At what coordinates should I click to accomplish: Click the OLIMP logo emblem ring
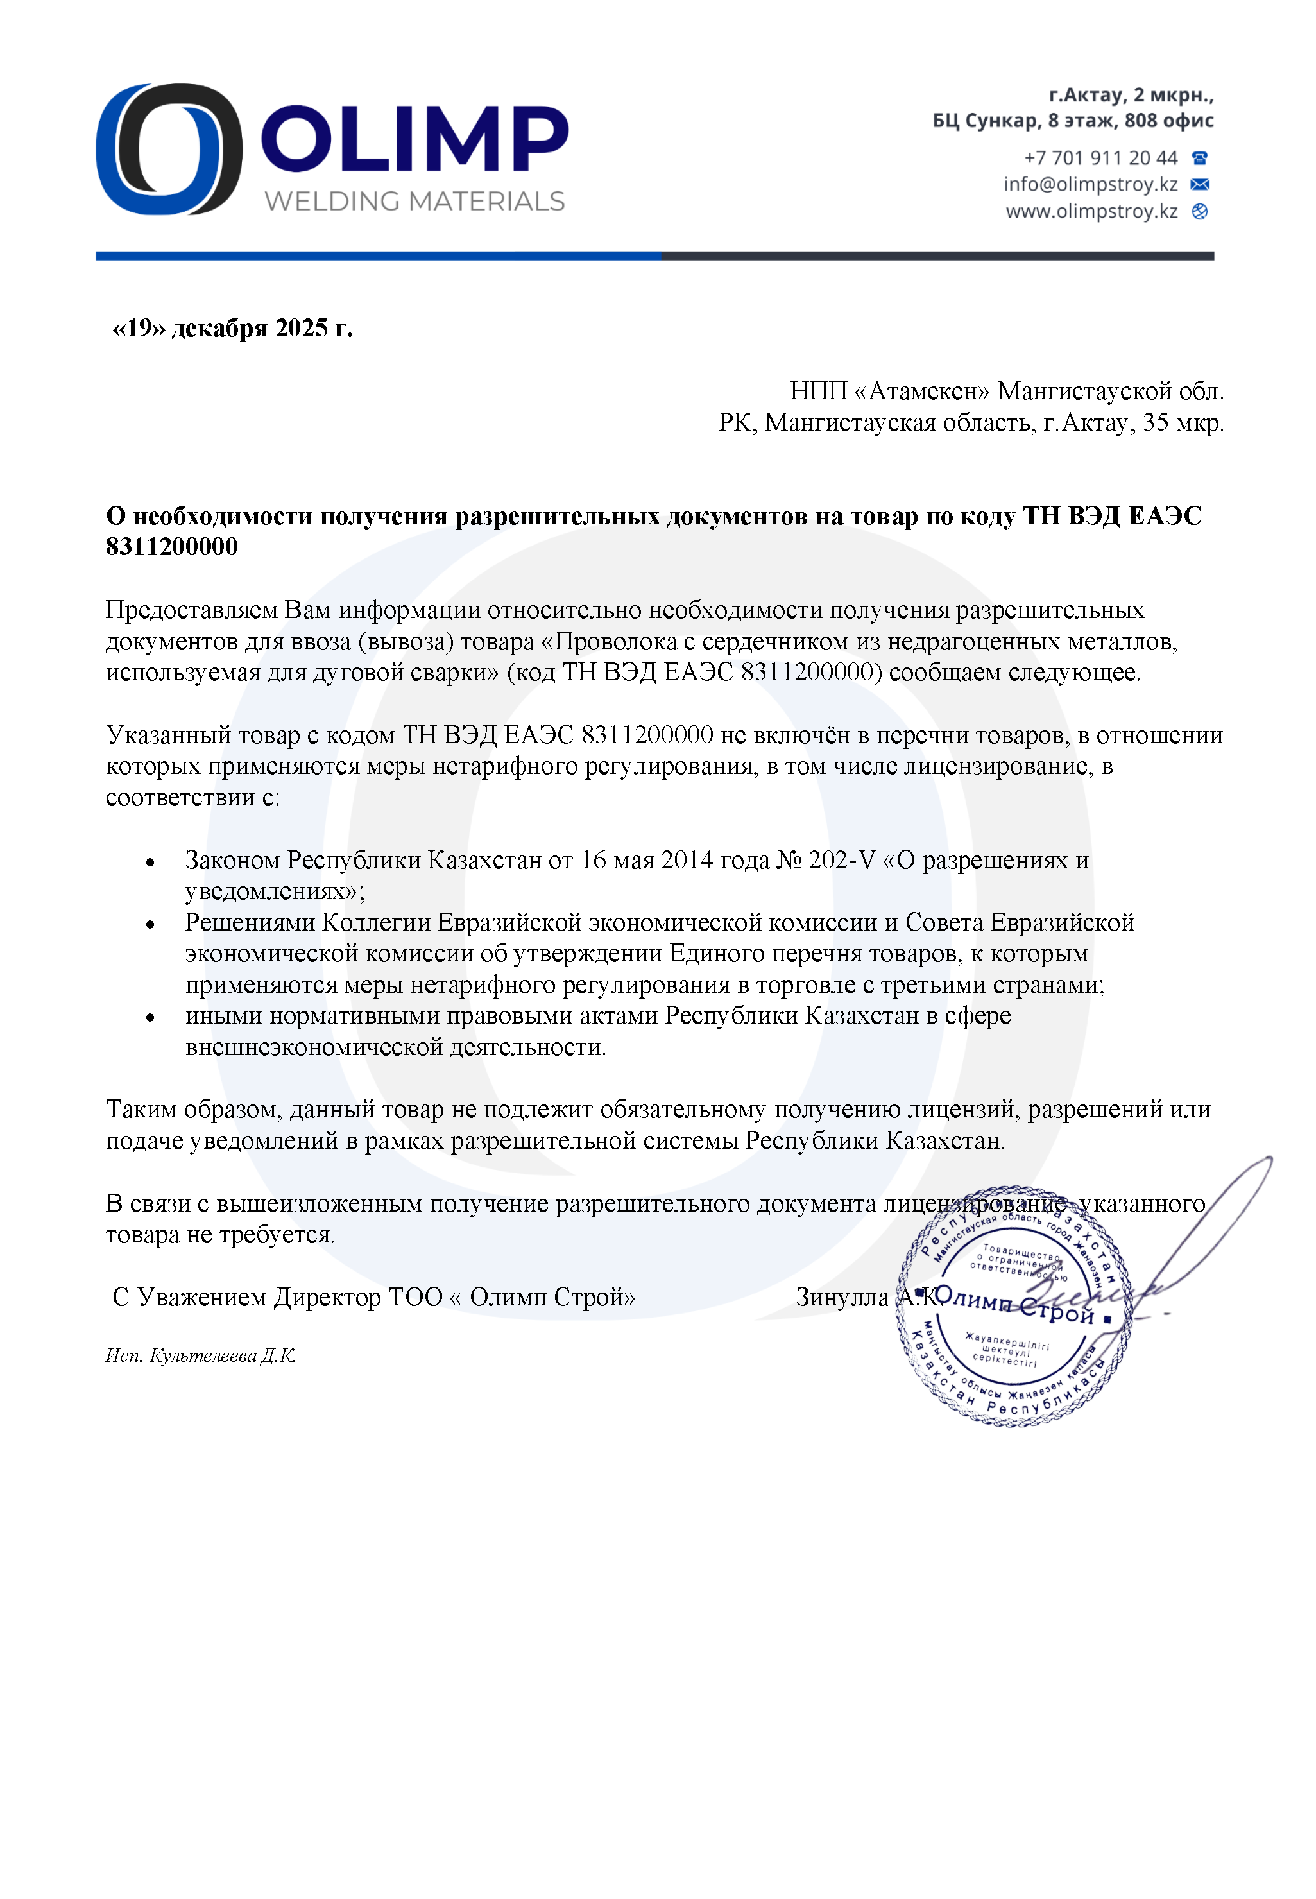point(169,150)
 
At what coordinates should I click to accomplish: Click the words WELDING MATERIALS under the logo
point(414,202)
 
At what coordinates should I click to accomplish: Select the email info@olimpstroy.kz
point(1090,184)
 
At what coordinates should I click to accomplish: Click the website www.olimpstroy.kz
point(1091,211)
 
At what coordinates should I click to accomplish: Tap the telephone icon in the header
point(1200,157)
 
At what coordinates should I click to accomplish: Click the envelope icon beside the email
point(1200,184)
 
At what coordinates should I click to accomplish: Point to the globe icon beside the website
point(1200,212)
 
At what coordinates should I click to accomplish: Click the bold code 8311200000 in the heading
point(171,547)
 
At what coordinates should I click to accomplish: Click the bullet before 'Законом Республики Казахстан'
point(150,863)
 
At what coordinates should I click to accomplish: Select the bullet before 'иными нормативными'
point(150,1017)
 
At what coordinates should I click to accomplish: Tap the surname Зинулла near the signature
point(841,1297)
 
